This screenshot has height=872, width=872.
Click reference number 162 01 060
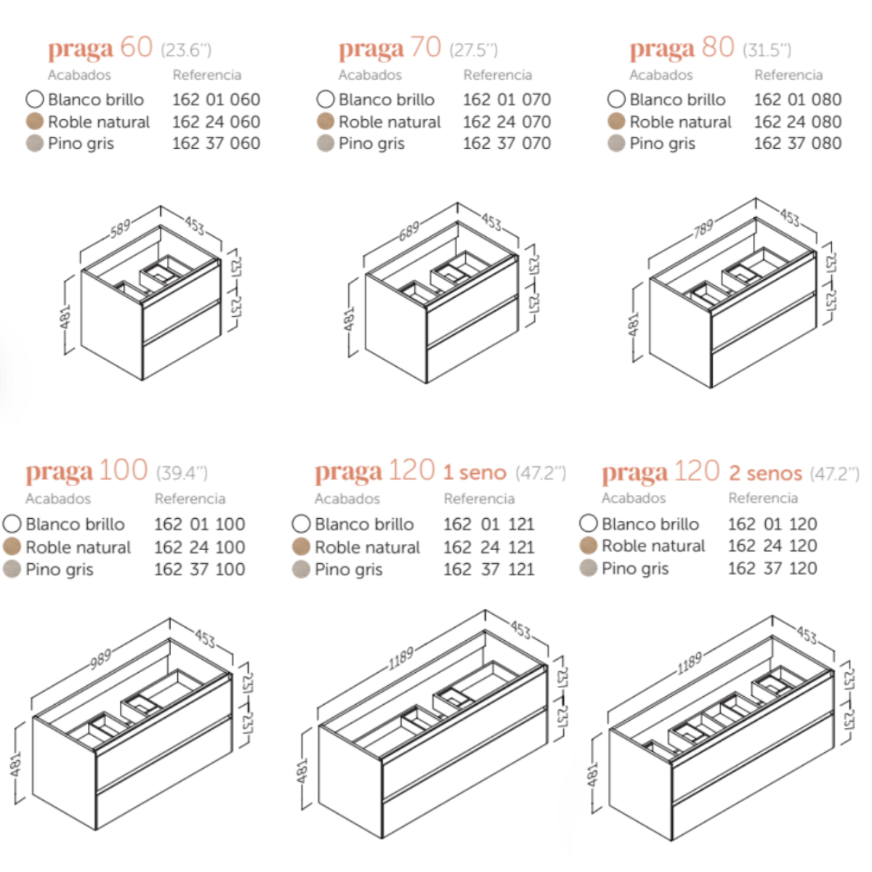click(217, 100)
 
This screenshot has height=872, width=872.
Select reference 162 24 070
click(506, 122)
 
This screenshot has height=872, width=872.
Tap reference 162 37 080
click(798, 143)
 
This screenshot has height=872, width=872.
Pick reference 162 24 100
click(200, 547)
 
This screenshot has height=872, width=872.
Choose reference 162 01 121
click(489, 525)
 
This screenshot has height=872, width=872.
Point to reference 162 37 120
click(772, 568)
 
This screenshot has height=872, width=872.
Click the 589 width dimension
click(121, 228)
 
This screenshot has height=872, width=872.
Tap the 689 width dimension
click(409, 231)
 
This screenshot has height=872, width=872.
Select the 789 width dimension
click(703, 228)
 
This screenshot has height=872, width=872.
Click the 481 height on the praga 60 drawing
click(65, 318)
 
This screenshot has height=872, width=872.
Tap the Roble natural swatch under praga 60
click(34, 121)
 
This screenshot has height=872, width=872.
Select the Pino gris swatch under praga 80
click(616, 143)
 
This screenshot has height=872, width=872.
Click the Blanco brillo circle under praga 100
click(12, 523)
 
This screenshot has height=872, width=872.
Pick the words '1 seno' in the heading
click(475, 473)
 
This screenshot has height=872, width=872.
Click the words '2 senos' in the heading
click(766, 473)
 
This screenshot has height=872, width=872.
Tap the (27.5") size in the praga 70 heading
click(473, 50)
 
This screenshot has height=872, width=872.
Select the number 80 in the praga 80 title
click(718, 47)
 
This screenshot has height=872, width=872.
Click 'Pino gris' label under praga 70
click(371, 144)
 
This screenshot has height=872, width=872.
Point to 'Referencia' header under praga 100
click(190, 498)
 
